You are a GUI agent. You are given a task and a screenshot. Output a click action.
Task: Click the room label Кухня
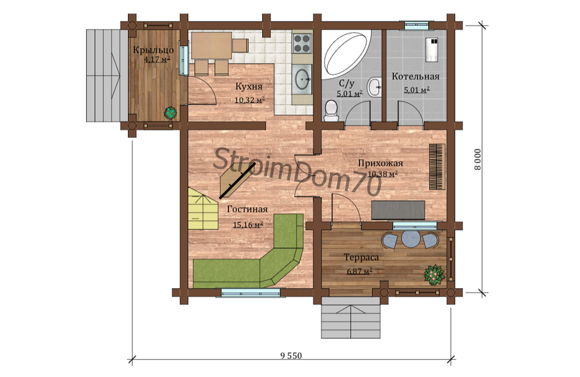[249, 86]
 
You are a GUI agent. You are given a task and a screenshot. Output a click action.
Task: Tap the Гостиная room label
[247, 209]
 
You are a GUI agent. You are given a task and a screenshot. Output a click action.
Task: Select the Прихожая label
[380, 163]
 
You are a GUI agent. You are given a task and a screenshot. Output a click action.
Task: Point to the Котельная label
[415, 77]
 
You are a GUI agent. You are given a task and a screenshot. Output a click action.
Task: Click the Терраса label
[361, 257]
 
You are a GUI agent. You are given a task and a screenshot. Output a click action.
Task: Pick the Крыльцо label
[153, 49]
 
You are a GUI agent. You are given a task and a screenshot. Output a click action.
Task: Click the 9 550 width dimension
[291, 356]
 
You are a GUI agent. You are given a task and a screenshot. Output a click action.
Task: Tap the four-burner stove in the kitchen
[302, 43]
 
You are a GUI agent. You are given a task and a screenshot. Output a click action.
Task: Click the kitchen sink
[302, 78]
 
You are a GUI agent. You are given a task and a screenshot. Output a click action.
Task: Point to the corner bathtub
[347, 54]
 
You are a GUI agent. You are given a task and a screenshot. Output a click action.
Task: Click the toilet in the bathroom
[331, 111]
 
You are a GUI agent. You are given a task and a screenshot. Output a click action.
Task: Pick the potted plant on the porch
[171, 113]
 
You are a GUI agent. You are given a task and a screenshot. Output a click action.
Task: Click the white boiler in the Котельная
[432, 49]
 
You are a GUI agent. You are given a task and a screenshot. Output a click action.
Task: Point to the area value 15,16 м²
[248, 224]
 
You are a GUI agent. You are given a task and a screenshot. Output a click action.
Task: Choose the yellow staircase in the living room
[202, 208]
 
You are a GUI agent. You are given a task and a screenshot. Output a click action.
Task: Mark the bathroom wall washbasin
[374, 88]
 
